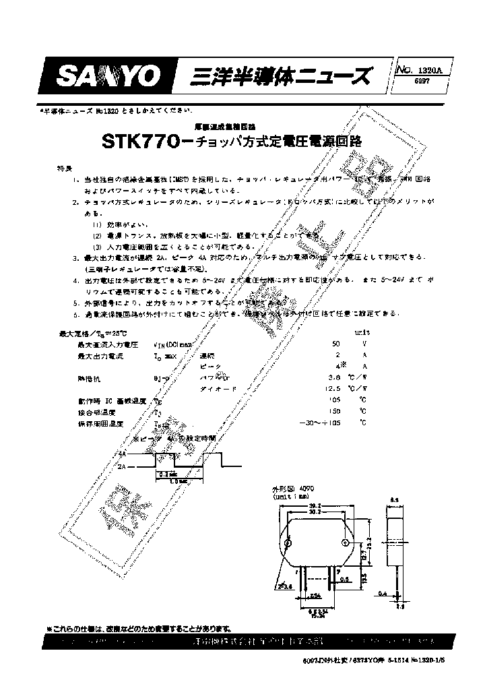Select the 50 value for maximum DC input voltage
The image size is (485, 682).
coord(336,344)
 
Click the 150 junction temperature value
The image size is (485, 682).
coord(334,411)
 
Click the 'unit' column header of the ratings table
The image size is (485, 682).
coord(362,333)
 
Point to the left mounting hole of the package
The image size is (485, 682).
coord(288,543)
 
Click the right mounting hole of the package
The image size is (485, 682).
coord(346,543)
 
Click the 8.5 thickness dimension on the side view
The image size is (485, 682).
coord(395,499)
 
